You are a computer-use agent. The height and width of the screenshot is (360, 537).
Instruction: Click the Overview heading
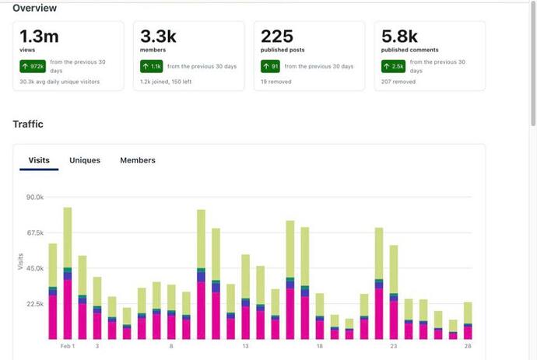click(35, 8)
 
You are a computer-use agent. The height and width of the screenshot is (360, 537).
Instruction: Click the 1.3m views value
click(39, 36)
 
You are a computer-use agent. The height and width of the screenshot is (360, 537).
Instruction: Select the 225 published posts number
click(277, 36)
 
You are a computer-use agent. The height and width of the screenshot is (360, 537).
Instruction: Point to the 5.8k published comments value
click(399, 36)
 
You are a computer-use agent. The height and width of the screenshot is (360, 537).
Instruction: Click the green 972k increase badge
click(33, 66)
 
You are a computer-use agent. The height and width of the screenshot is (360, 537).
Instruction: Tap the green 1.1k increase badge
click(151, 66)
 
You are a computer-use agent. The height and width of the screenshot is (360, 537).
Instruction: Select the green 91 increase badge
click(270, 66)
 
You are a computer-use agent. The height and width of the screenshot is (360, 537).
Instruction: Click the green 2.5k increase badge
click(393, 66)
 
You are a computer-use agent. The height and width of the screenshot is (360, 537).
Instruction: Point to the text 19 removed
click(276, 82)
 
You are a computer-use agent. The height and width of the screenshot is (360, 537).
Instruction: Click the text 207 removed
click(398, 82)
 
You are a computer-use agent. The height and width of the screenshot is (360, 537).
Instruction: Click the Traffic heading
click(28, 124)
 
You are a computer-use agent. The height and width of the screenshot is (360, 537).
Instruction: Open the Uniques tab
click(85, 160)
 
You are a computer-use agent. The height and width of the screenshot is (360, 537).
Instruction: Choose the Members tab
click(138, 160)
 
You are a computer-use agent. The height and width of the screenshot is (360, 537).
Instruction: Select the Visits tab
click(39, 160)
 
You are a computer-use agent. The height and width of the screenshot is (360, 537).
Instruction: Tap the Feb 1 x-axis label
click(68, 346)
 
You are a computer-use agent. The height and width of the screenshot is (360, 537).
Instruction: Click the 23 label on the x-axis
click(394, 346)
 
